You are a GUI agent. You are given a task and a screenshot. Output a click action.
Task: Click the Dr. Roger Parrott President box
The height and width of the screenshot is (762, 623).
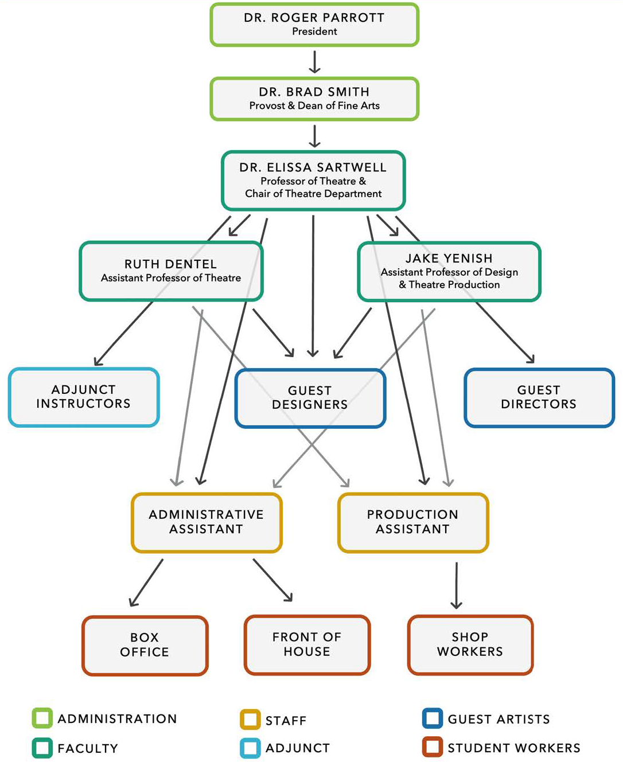click(x=314, y=25)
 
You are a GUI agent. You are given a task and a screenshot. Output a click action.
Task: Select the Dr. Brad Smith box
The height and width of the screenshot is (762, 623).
click(x=314, y=99)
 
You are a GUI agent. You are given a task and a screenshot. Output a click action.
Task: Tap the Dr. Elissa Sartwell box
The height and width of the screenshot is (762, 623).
click(x=313, y=180)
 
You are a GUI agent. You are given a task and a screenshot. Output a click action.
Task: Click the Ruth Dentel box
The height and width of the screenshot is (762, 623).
click(x=171, y=271)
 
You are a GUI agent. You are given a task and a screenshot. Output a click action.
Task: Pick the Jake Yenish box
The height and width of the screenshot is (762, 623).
click(x=449, y=271)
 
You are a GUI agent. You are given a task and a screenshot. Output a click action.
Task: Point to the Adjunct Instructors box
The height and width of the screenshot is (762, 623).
click(x=84, y=397)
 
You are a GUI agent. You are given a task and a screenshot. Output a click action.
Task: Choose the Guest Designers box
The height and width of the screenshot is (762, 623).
click(x=310, y=398)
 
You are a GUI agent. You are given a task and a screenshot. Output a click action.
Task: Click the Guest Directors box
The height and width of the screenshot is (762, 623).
click(x=539, y=397)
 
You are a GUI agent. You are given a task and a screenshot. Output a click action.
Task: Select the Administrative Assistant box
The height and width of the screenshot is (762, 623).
click(x=207, y=522)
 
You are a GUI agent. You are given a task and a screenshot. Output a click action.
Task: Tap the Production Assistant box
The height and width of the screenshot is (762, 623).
click(x=413, y=522)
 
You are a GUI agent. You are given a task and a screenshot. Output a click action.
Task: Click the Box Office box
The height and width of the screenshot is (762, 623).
click(x=145, y=645)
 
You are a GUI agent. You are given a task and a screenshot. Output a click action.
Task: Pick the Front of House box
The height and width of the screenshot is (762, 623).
click(x=307, y=644)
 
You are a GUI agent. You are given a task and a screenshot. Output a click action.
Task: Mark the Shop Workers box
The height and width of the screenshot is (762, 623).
click(x=470, y=644)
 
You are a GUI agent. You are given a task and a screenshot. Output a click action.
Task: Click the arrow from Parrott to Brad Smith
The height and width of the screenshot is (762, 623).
click(x=314, y=62)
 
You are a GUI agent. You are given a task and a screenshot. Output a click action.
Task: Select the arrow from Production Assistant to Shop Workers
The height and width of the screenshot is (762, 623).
click(x=456, y=585)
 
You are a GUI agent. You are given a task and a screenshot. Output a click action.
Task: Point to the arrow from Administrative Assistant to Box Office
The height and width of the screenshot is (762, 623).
click(x=146, y=583)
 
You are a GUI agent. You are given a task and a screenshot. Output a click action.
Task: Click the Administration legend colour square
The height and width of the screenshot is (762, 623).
click(x=42, y=718)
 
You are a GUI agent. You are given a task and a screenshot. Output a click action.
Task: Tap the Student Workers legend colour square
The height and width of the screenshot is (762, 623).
click(x=433, y=747)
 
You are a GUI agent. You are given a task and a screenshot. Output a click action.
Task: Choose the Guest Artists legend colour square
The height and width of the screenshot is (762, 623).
click(x=433, y=718)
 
